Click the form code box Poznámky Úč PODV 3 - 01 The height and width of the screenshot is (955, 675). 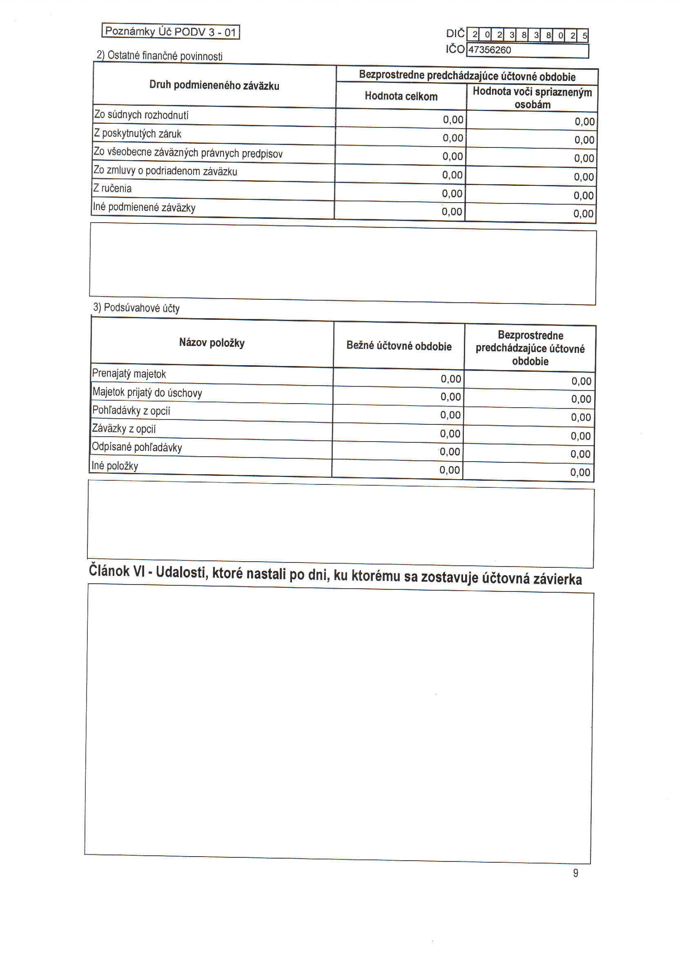(x=171, y=31)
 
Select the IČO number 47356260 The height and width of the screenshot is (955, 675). (x=490, y=50)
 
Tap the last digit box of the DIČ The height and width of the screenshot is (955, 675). (x=584, y=36)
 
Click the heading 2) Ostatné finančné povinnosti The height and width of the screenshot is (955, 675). (x=160, y=56)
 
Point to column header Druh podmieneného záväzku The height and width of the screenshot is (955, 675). (x=214, y=85)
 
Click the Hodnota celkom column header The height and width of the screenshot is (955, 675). (x=401, y=96)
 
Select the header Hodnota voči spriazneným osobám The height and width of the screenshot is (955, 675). (x=532, y=98)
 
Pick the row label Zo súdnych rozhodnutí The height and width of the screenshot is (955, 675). (x=141, y=115)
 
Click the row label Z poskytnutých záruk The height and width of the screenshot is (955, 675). (x=138, y=134)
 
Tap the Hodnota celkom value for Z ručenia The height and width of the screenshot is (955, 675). (x=452, y=194)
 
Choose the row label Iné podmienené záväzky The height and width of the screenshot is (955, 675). (x=144, y=207)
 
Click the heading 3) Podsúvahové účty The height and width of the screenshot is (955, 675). (x=136, y=308)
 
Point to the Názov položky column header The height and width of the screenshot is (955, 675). (x=212, y=343)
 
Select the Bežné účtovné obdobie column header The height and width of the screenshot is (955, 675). (x=399, y=346)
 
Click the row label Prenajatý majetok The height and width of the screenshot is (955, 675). (x=129, y=373)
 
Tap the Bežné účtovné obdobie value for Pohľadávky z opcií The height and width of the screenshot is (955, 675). (x=450, y=415)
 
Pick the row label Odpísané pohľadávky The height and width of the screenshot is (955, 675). (x=137, y=447)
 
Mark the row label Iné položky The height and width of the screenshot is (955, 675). (x=115, y=466)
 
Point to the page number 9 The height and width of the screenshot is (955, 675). (x=576, y=873)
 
